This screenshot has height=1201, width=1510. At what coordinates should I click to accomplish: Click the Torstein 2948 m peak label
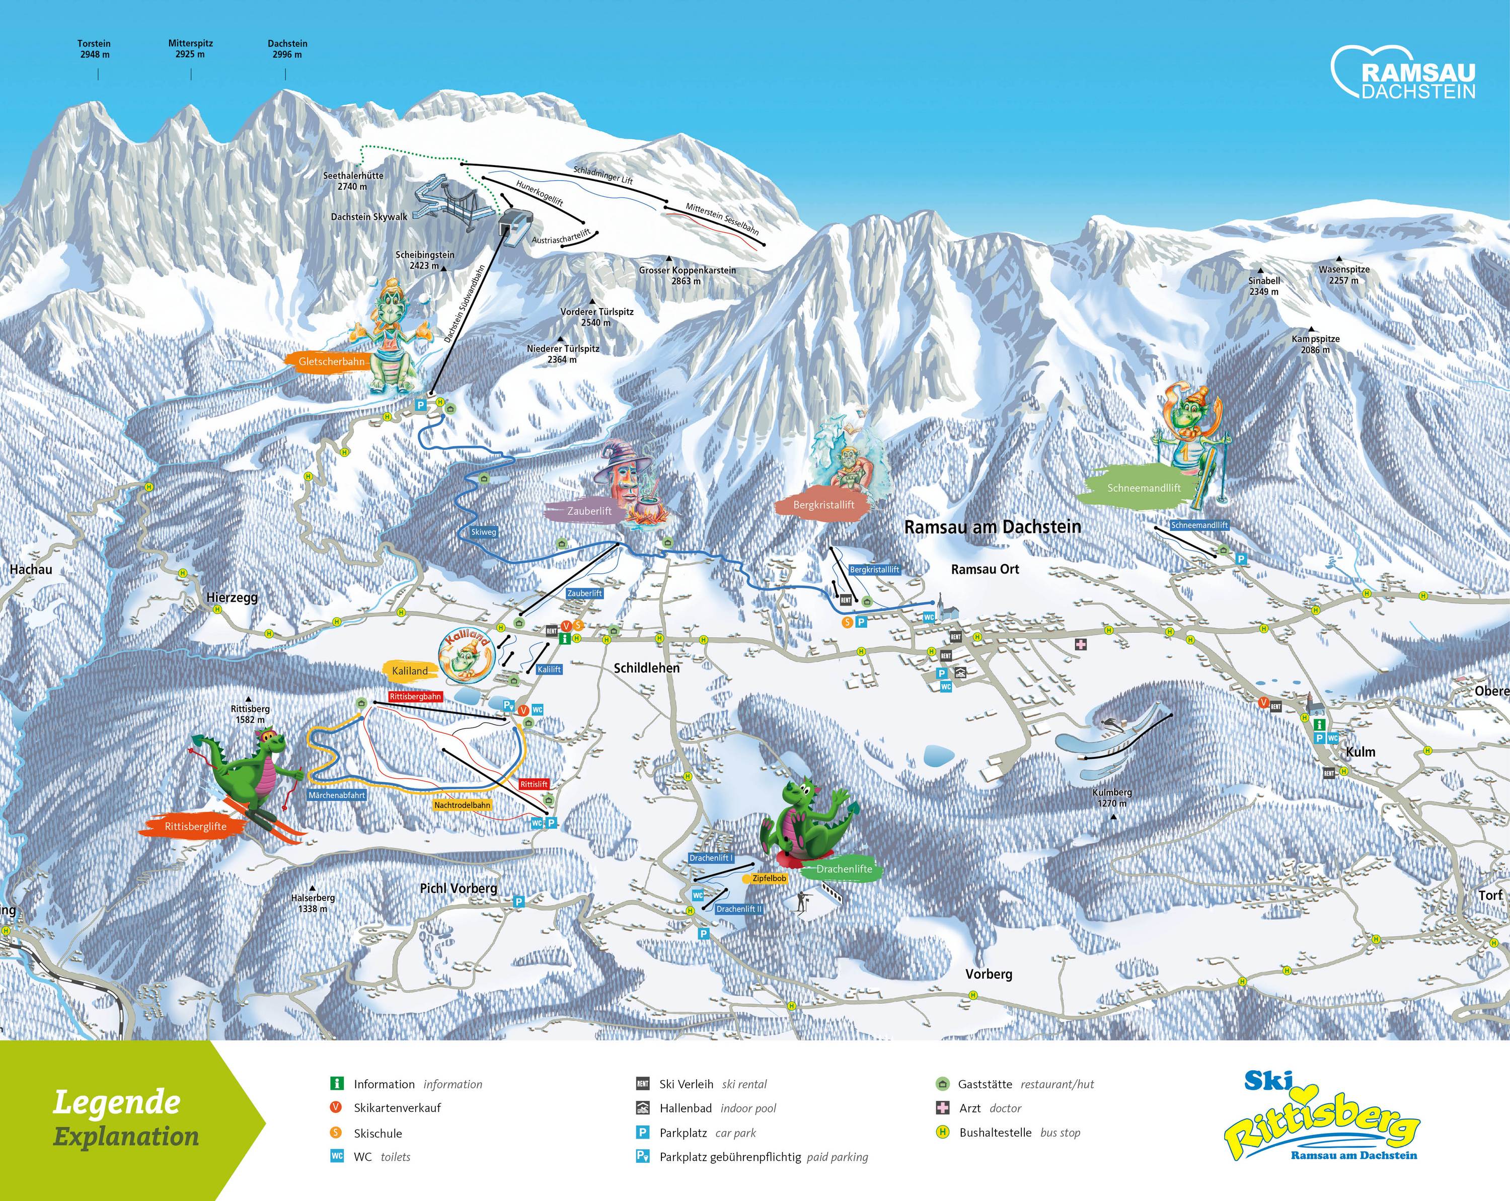pos(94,48)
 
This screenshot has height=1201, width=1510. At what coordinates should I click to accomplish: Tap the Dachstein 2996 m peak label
pos(287,48)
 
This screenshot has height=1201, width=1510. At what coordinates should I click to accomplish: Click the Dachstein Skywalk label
pos(369,217)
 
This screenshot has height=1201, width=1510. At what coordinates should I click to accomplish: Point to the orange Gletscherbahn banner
pos(331,361)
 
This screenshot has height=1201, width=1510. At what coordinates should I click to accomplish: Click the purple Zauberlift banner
pos(588,511)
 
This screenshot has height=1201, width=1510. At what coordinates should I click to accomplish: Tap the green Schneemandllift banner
pos(1143,489)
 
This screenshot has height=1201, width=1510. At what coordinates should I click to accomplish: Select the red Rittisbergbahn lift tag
pos(415,697)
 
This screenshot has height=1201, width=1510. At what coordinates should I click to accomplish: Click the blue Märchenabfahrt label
pos(337,795)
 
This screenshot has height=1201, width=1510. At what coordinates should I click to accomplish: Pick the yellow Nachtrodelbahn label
pos(462,805)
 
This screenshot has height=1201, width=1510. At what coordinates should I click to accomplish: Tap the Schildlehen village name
pos(646,668)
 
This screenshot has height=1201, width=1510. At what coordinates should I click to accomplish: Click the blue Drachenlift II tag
pos(739,909)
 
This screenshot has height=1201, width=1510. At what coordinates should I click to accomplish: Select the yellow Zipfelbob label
pos(769,878)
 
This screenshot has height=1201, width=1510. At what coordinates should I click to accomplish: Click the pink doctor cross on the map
pos(1081,644)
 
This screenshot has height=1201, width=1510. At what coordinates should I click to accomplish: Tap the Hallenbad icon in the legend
pos(642,1108)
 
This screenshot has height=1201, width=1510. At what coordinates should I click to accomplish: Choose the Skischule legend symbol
pos(337,1133)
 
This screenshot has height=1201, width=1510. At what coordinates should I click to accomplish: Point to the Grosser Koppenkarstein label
pos(687,275)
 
